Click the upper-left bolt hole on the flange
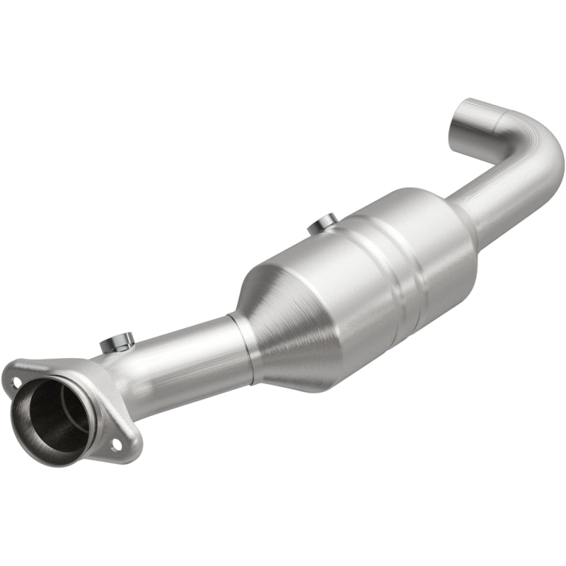[x=16, y=383]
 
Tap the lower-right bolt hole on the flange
[x=115, y=444]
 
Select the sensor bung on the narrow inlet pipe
[x=117, y=343]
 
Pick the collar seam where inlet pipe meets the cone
[x=244, y=347]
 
